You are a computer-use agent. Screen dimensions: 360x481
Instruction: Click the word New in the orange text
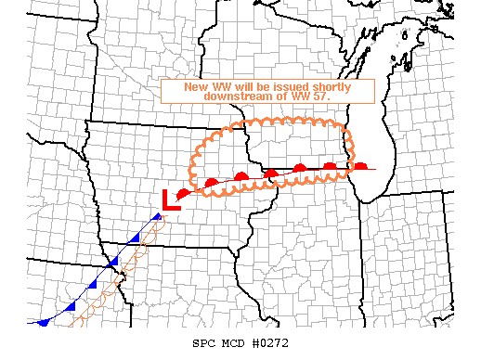tap(196, 86)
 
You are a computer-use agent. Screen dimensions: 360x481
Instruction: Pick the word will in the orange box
tap(245, 86)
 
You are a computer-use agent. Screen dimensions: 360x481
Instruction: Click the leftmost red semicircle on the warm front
tap(184, 192)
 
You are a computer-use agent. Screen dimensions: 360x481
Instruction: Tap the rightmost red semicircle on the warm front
tap(359, 166)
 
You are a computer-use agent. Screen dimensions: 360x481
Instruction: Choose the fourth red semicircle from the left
tap(271, 173)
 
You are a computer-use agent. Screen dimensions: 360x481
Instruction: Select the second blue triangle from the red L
tap(136, 239)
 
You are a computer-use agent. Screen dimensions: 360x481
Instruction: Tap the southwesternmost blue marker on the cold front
tap(42, 321)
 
